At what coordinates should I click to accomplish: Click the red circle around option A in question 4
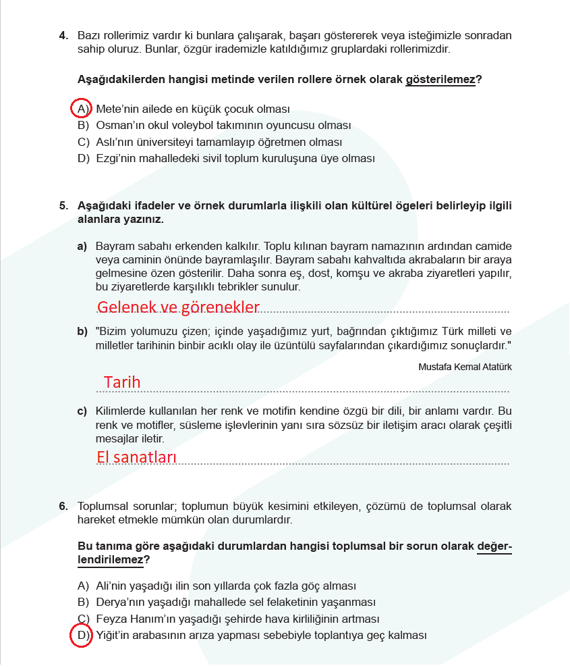tap(81, 108)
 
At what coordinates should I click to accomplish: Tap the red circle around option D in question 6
tap(81, 636)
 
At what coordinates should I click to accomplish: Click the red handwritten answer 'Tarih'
tap(122, 382)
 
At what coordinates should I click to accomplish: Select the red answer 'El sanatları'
tap(136, 457)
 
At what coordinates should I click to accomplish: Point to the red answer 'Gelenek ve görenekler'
tap(178, 307)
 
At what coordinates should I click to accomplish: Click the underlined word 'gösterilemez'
tap(440, 80)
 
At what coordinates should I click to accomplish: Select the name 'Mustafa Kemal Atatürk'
tap(465, 366)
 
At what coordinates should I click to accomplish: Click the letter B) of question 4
tap(83, 126)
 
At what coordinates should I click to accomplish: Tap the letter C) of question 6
tap(83, 619)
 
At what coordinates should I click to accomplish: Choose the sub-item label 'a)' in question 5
tap(82, 245)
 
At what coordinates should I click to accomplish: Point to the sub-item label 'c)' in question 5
tap(82, 411)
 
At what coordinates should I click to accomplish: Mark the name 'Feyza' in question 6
tap(111, 619)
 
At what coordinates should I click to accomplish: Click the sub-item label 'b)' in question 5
tap(82, 331)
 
